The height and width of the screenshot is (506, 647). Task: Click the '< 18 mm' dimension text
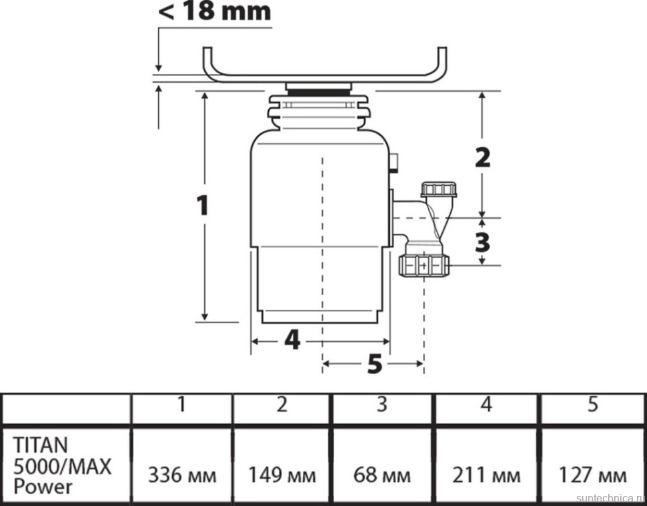click(x=214, y=11)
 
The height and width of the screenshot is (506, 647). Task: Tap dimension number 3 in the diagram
click(x=482, y=241)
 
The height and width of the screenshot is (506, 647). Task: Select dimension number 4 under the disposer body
click(x=291, y=341)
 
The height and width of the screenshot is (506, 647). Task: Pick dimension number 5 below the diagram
click(x=374, y=364)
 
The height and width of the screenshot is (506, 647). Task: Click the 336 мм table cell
click(x=181, y=475)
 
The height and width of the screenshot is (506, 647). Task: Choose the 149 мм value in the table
click(x=282, y=475)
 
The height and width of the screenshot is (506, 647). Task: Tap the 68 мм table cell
click(x=383, y=475)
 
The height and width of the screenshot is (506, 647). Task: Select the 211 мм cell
click(x=486, y=475)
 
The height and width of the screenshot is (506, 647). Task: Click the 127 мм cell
click(x=592, y=475)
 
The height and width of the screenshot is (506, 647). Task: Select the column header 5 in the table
click(x=592, y=405)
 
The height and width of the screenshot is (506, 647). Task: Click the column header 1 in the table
click(x=181, y=405)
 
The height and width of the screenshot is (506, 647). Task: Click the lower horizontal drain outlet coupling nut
click(x=424, y=266)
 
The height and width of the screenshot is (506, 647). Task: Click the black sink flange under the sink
click(x=318, y=87)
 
